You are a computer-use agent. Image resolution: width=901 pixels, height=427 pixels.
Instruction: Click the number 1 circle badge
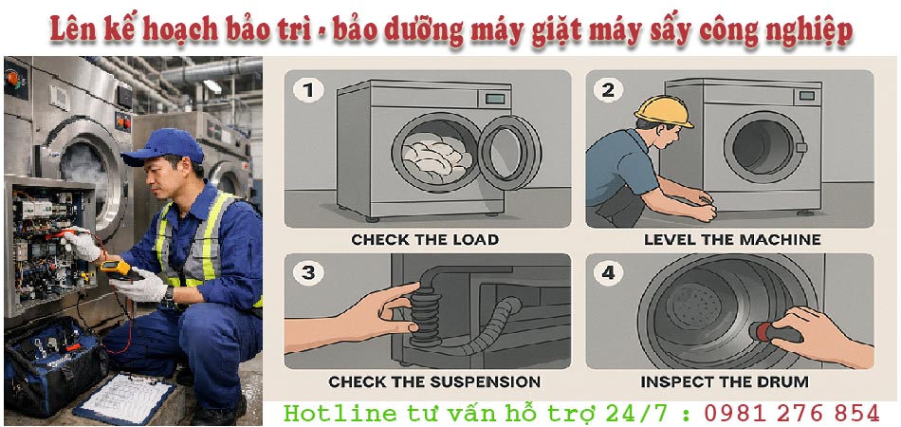[x=308, y=90]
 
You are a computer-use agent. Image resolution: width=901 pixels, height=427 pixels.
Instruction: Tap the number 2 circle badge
[x=608, y=90]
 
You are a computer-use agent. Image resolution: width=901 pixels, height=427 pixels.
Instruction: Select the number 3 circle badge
[x=308, y=272]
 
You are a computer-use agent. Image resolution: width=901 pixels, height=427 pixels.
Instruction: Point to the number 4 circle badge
[x=608, y=272]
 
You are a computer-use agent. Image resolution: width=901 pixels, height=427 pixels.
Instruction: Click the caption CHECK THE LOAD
[x=425, y=239]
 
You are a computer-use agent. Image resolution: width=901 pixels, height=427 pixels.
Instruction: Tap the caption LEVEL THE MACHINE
[x=732, y=239]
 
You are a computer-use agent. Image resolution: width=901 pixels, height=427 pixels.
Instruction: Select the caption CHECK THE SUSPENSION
[x=434, y=381]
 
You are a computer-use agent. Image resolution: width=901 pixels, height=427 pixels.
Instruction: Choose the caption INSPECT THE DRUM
[x=725, y=381]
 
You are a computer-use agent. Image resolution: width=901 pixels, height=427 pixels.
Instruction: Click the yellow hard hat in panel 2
[x=664, y=110]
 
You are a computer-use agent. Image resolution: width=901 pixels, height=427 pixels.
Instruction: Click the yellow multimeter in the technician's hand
[x=120, y=269]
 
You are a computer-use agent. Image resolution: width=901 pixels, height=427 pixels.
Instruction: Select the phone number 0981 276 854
[x=792, y=413]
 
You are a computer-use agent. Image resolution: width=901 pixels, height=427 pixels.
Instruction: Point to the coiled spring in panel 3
[x=426, y=317]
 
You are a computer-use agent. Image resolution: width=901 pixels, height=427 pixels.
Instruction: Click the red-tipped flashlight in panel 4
[x=776, y=331]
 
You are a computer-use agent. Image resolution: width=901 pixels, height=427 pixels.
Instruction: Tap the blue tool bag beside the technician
[x=55, y=365]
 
